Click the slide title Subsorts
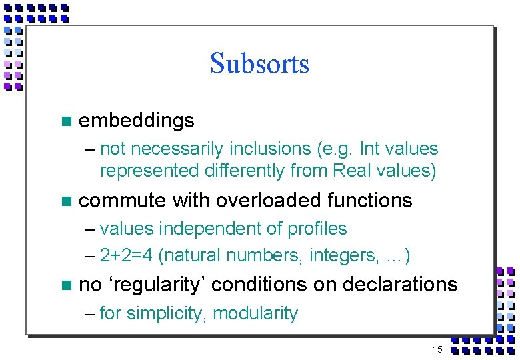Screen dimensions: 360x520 click(259, 64)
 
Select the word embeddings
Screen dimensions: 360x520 click(137, 121)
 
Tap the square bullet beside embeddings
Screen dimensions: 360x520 click(65, 121)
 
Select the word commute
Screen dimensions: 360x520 click(124, 200)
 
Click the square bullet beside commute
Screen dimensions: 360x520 click(65, 201)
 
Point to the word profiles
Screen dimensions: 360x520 click(317, 229)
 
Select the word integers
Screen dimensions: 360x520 click(333, 255)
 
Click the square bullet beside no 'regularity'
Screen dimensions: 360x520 click(65, 285)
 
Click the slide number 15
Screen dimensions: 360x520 click(437, 349)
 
